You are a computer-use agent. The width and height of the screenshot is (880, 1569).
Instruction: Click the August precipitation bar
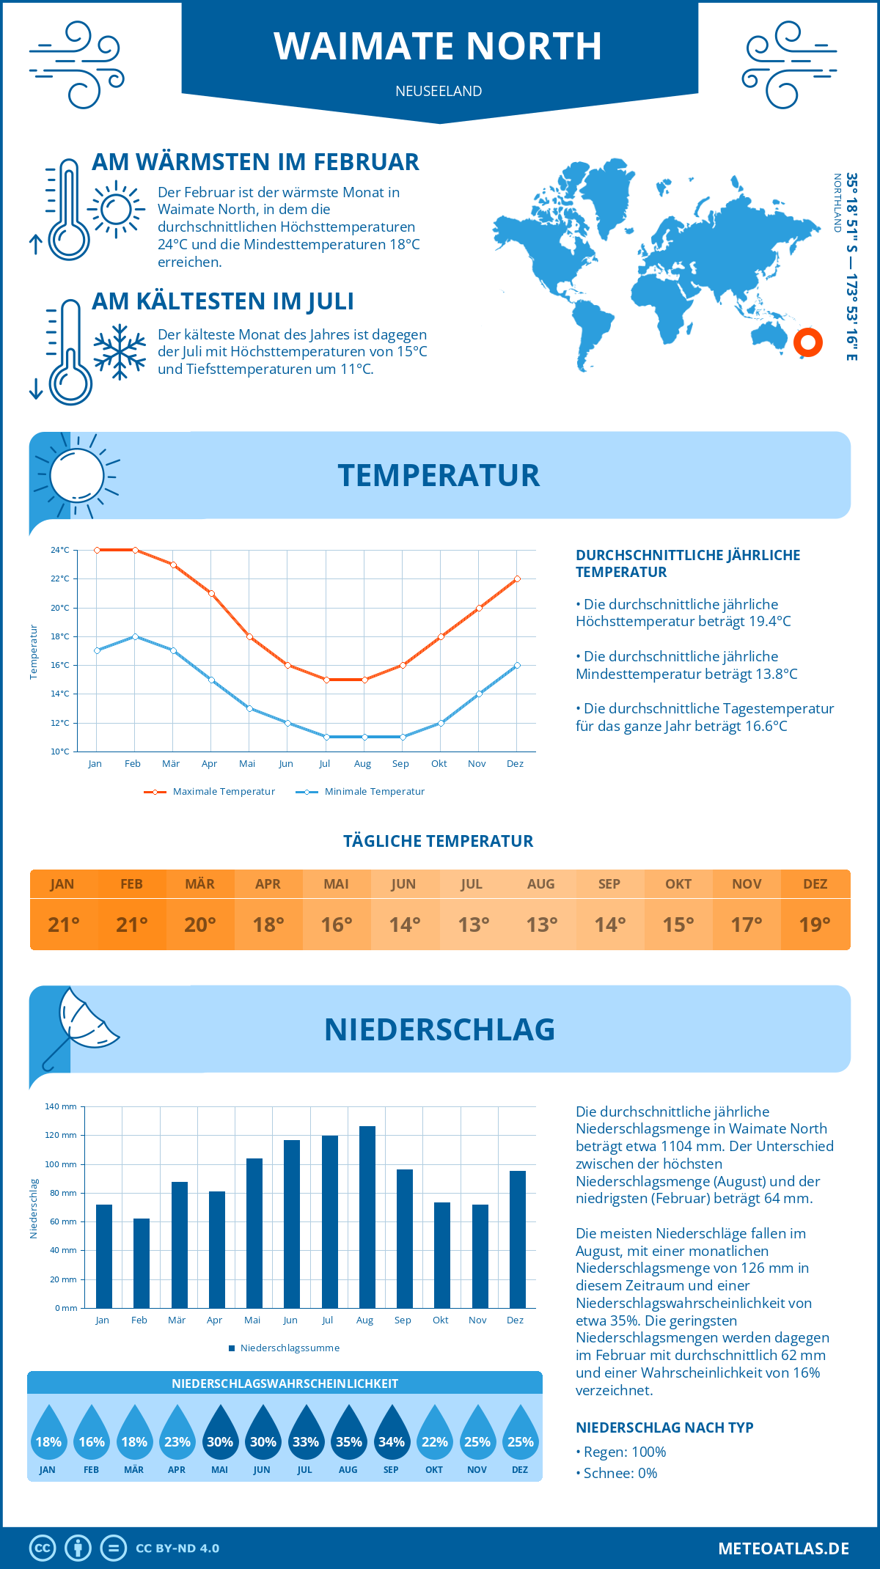(x=367, y=1217)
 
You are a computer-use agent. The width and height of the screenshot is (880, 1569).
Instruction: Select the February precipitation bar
(x=142, y=1263)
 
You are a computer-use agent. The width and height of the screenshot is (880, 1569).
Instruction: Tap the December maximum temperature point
(x=517, y=578)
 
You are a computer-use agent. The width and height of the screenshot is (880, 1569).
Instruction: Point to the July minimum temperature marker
(x=326, y=737)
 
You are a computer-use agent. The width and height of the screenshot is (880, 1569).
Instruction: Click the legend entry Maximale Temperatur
(x=210, y=792)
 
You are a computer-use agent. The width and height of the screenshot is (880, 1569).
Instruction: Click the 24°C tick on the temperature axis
(x=60, y=550)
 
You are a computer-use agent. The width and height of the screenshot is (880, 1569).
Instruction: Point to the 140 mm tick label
(x=61, y=1106)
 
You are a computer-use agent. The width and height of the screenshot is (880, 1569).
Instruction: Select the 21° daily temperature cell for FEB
(x=132, y=925)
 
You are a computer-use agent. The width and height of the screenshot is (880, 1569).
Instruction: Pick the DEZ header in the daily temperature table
(x=815, y=884)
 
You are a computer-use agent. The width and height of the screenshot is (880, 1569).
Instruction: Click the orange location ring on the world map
(x=808, y=342)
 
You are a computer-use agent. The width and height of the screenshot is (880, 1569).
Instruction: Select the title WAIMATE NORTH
(x=439, y=46)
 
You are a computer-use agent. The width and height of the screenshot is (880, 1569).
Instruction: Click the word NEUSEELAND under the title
(x=439, y=91)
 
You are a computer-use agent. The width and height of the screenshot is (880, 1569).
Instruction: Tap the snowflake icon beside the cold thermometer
(x=120, y=352)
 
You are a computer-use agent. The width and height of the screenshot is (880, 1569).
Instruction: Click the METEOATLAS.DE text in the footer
(x=783, y=1548)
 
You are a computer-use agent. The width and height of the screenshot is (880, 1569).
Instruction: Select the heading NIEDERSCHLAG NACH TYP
(x=664, y=1427)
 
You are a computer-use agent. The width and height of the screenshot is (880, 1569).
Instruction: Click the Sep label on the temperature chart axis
(x=400, y=764)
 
